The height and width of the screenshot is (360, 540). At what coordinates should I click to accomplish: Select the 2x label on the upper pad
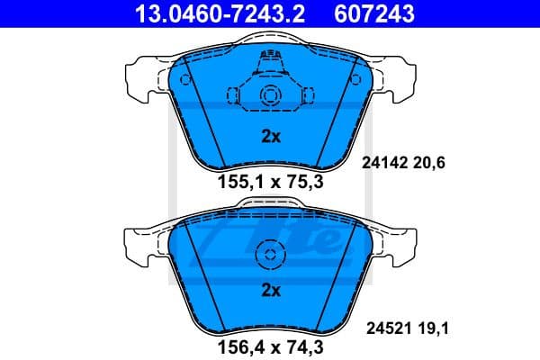[x=271, y=137]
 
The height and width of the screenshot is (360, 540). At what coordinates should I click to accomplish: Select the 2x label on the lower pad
[x=271, y=290]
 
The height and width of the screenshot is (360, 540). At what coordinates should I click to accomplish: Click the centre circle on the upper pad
[x=270, y=97]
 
